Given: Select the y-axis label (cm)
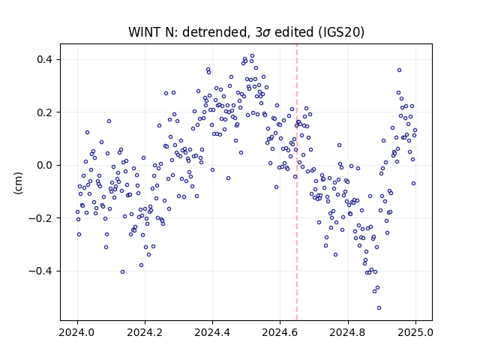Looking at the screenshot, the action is [18, 183].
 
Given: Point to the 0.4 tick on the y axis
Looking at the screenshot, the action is [44, 59].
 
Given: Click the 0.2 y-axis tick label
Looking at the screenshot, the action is [44, 112].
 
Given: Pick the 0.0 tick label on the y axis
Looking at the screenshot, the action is [44, 165].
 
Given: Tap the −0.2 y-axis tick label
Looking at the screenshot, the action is [40, 218].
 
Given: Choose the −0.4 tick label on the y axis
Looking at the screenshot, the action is [40, 271].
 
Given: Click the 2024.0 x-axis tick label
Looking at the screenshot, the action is [77, 332].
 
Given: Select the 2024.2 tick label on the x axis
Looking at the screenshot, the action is [145, 332].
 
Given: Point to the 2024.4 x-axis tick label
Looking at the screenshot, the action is [212, 332].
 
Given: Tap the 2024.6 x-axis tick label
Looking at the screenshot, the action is [280, 332].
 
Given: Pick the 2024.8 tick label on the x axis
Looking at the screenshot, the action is [348, 332].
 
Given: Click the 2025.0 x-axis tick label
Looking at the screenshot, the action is [415, 332].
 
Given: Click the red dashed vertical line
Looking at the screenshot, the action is [297, 182].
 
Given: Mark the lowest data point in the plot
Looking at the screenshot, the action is [379, 308].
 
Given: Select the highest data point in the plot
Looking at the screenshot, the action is [252, 56].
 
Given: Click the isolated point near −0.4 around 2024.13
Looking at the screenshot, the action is [122, 271].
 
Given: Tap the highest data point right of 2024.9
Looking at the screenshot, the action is [399, 70].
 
